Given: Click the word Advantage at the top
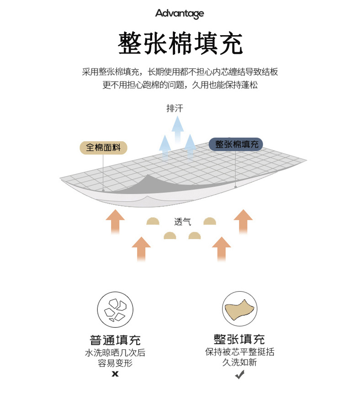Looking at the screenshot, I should click(x=179, y=14).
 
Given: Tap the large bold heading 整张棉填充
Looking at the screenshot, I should click(x=180, y=44).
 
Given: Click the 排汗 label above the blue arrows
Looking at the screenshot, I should click(x=175, y=109).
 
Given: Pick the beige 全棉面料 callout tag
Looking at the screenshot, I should click(x=103, y=147).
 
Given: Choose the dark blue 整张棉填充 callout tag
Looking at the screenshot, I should click(x=236, y=144).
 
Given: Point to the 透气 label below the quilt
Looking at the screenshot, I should click(x=182, y=222).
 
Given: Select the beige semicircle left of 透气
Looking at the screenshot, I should click(x=153, y=221).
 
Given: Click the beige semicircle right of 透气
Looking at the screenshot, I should click(x=210, y=221).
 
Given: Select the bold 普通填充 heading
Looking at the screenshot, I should click(x=115, y=340).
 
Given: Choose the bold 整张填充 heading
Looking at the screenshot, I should click(x=239, y=339).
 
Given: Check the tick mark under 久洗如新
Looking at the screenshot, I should click(x=239, y=375).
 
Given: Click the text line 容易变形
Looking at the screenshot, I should click(x=115, y=363).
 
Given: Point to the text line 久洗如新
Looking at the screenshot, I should click(x=239, y=363).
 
